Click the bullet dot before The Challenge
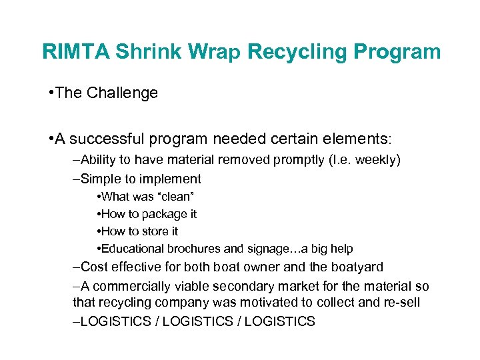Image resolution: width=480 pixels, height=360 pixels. [x=51, y=93]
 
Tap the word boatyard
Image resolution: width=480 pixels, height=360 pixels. [x=359, y=267]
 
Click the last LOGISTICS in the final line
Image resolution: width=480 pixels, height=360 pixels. [x=279, y=322]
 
